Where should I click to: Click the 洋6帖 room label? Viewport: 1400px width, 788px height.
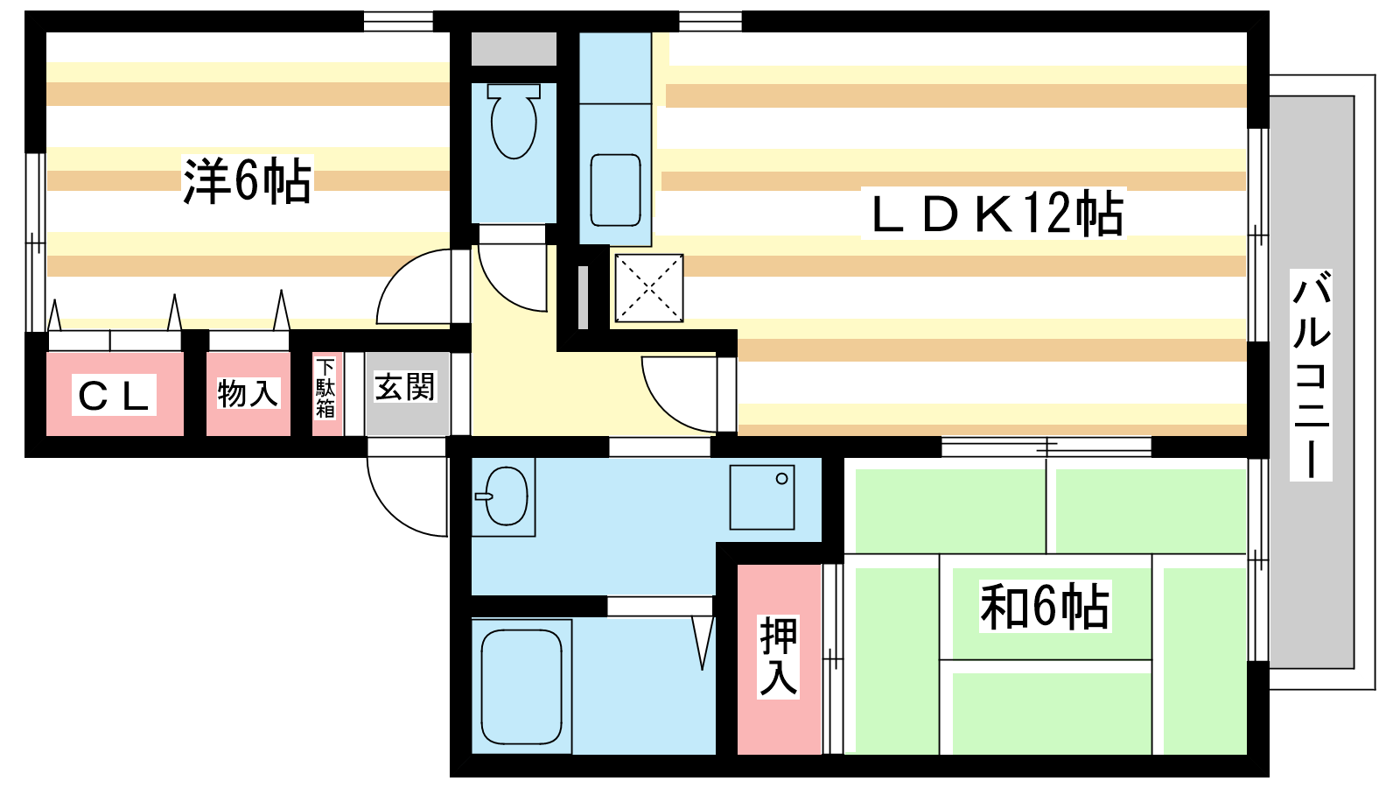(247, 181)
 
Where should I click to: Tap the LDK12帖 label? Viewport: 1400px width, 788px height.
(996, 214)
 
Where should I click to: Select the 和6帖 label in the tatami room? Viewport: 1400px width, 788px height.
(1045, 607)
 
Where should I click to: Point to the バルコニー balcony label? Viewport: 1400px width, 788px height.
(1311, 376)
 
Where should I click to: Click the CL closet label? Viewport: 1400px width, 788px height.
(114, 395)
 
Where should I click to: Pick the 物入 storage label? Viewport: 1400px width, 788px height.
(248, 393)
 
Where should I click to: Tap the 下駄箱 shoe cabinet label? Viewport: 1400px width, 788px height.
(325, 388)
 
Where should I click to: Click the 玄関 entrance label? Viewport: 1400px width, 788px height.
(405, 387)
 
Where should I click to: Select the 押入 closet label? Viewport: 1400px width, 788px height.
(778, 656)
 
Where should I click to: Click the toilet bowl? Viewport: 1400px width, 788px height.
(514, 120)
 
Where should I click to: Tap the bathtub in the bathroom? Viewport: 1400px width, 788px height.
(521, 686)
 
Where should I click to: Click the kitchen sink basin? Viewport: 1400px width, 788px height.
(615, 190)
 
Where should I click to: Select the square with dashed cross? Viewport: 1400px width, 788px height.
(648, 288)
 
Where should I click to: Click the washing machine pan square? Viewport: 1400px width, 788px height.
(762, 497)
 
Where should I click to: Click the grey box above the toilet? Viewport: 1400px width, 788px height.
(514, 49)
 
